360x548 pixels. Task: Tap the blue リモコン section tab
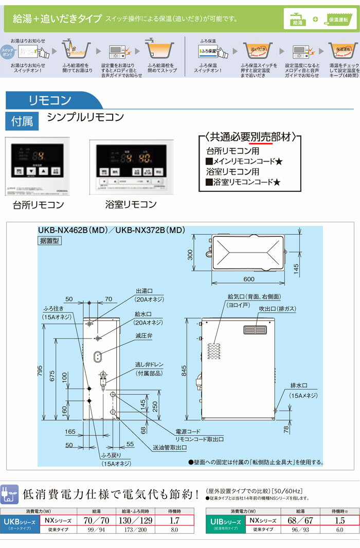point(50,100)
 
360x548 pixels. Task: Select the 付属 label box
point(23,121)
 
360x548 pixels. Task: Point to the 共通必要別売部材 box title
point(250,137)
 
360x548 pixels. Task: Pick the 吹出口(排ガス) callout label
point(278,309)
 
